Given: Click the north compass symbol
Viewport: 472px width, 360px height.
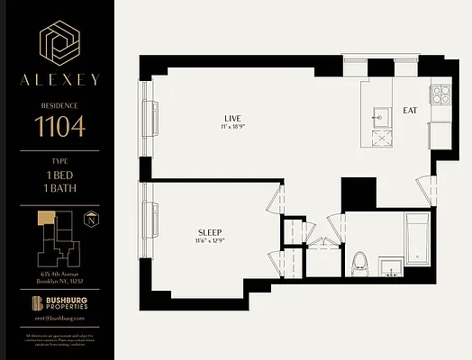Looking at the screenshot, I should coord(92,220).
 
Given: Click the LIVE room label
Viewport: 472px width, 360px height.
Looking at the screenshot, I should coord(233,119).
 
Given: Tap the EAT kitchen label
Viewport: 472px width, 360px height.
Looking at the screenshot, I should coord(410,111).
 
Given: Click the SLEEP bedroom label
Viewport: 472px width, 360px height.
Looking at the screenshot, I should coord(210,232).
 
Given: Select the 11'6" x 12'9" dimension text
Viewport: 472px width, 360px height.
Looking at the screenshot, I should coord(210,242).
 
